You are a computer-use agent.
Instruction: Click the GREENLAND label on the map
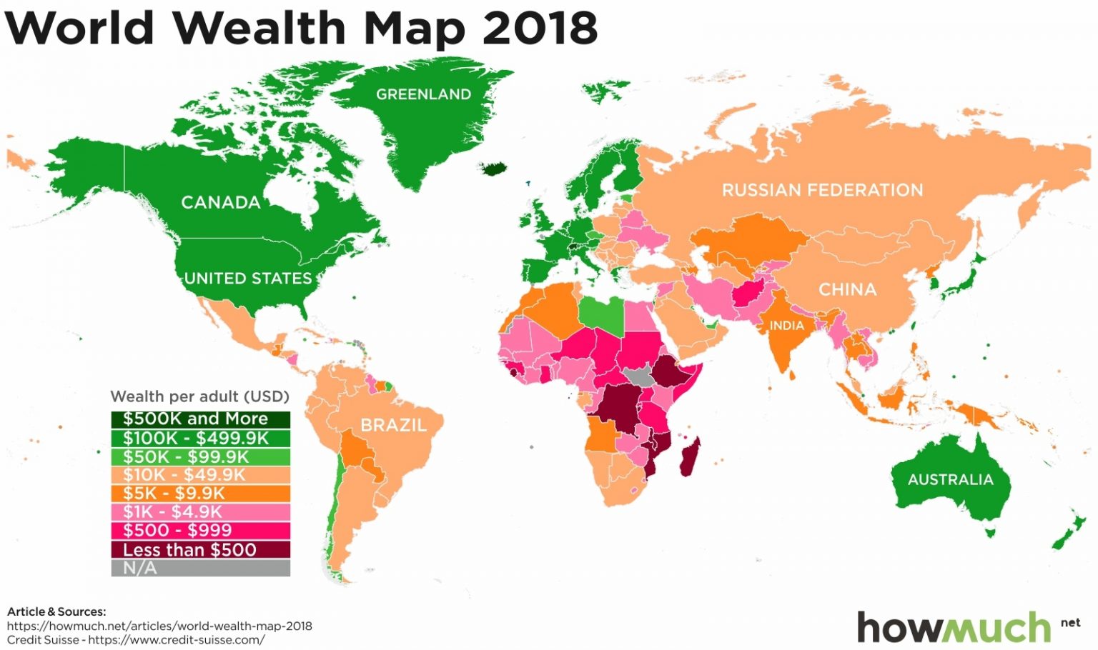[423, 94]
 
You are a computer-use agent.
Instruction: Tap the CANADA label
[220, 202]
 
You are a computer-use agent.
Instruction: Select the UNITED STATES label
[248, 278]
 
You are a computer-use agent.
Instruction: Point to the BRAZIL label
[393, 425]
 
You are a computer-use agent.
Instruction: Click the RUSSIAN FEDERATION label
[822, 190]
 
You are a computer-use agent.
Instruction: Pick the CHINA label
[847, 289]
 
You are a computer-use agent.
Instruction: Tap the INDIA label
[786, 326]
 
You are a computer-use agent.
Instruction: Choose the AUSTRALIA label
[950, 479]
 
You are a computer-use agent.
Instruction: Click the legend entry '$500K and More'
[200, 419]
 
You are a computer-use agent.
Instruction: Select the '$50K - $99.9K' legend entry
[200, 457]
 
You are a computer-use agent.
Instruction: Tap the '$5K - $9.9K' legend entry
[200, 494]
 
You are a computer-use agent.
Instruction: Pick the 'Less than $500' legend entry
[200, 549]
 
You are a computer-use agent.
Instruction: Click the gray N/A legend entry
[200, 569]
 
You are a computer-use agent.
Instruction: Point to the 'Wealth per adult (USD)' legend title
[199, 396]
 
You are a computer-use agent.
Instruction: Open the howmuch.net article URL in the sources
[159, 626]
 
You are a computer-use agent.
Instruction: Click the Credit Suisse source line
[136, 640]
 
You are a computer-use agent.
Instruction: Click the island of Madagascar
[690, 457]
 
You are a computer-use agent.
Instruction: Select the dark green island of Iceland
[495, 169]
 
